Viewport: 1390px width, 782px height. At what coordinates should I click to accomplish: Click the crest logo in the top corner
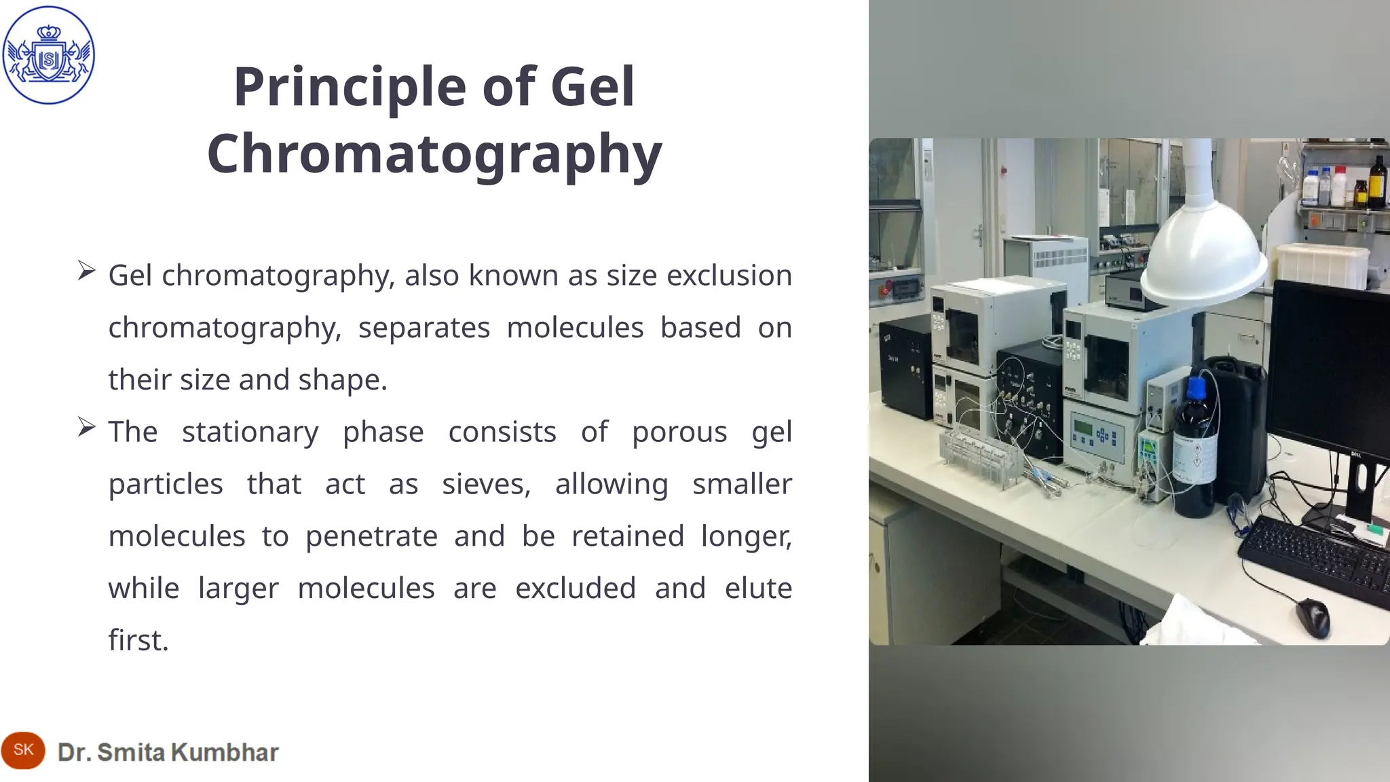pyautogui.click(x=48, y=55)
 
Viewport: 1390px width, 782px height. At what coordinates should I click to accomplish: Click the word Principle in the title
pyautogui.click(x=350, y=87)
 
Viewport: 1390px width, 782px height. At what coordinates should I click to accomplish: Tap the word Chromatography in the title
pyautogui.click(x=434, y=154)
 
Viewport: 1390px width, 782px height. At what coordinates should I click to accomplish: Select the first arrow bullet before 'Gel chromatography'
pyautogui.click(x=86, y=271)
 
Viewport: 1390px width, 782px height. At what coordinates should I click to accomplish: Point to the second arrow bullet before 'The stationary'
pyautogui.click(x=86, y=427)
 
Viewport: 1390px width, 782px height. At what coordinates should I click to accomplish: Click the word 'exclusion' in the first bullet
pyautogui.click(x=729, y=276)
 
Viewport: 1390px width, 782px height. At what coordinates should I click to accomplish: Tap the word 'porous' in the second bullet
pyautogui.click(x=679, y=432)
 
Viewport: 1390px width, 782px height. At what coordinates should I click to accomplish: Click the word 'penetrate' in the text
pyautogui.click(x=371, y=536)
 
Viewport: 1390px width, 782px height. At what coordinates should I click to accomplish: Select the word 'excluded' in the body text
pyautogui.click(x=576, y=588)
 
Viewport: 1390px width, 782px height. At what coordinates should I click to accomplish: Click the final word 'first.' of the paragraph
pyautogui.click(x=138, y=640)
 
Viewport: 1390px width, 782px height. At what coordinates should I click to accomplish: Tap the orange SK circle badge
pyautogui.click(x=23, y=750)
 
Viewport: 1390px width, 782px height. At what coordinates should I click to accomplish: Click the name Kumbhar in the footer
pyautogui.click(x=225, y=752)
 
